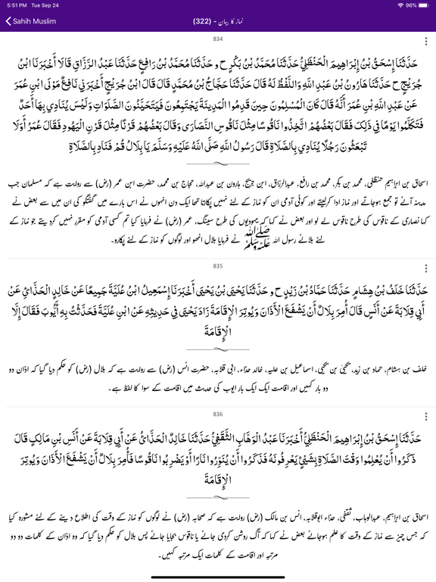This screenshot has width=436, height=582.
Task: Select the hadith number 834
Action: [218, 38]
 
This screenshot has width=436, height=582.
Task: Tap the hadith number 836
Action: [218, 415]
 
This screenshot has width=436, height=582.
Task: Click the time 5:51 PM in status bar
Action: [17, 5]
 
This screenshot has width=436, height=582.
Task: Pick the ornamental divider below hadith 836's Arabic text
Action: [218, 506]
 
